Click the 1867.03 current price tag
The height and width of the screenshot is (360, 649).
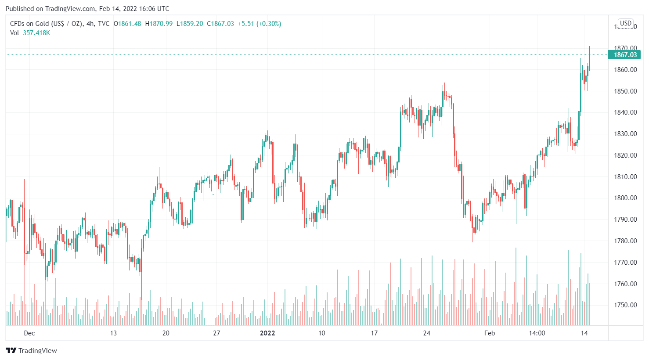point(625,55)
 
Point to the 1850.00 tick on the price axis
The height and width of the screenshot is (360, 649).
point(625,91)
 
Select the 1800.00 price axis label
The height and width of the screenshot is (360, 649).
point(625,198)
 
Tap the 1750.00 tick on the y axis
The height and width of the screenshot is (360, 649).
point(625,305)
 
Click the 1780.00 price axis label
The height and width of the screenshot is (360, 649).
point(625,241)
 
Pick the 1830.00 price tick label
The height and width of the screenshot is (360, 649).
point(625,134)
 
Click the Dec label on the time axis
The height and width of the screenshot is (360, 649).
point(29,333)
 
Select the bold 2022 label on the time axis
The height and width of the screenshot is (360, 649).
point(267,333)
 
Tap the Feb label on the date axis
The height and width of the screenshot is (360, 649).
point(490,333)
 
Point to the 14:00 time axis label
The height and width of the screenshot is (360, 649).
point(537,333)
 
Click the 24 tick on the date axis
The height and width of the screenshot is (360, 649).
point(427,333)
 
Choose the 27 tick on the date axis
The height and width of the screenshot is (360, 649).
point(216,333)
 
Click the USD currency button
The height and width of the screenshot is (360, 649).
point(626,23)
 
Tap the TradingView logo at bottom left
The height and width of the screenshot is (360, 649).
point(32,350)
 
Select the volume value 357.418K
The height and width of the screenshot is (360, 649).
point(36,33)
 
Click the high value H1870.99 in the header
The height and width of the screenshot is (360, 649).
point(159,24)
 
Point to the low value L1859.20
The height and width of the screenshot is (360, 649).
point(190,24)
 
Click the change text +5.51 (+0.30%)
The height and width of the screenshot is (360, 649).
point(260,24)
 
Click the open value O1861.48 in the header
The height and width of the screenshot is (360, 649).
point(127,24)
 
